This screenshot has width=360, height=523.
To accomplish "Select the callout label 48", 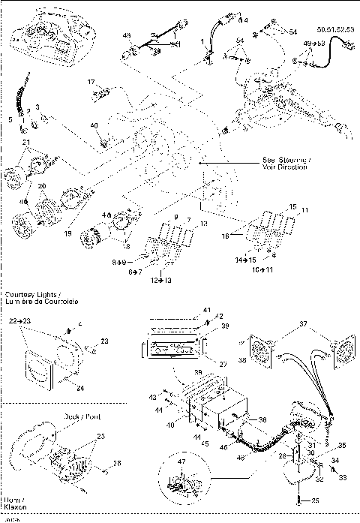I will pyautogui.click(x=127, y=36).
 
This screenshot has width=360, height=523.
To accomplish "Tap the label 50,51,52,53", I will pyautogui.click(x=334, y=26).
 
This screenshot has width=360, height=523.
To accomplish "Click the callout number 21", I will pyautogui.click(x=25, y=142).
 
